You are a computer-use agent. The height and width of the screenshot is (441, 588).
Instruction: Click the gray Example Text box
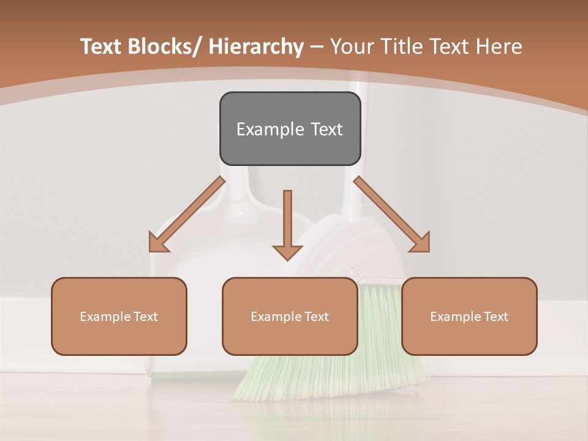click(x=290, y=129)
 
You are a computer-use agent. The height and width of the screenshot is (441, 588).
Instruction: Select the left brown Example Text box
click(x=119, y=316)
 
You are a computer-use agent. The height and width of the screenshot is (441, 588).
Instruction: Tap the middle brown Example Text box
click(x=290, y=316)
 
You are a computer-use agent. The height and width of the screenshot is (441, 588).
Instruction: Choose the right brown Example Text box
click(x=469, y=316)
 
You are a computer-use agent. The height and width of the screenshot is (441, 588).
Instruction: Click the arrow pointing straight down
click(x=287, y=224)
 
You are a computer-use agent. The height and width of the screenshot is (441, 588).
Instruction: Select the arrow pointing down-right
click(x=393, y=215)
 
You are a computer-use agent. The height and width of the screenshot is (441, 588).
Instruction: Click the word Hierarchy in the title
click(x=256, y=47)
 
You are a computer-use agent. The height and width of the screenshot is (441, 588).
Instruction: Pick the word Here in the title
click(x=499, y=47)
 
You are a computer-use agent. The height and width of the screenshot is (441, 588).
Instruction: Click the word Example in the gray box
click(x=270, y=129)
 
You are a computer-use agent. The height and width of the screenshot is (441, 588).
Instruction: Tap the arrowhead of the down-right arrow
click(x=420, y=242)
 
